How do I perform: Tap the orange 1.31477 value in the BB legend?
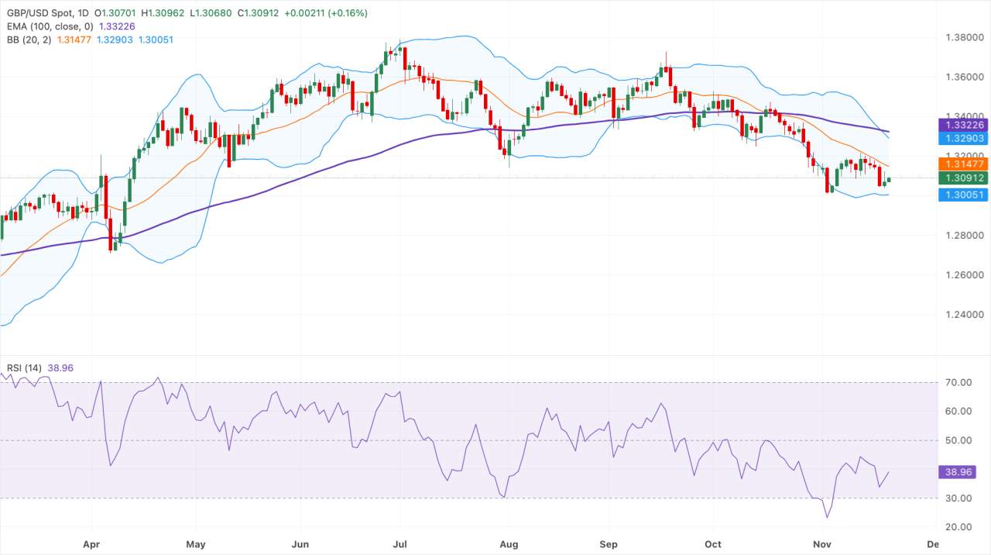pyautogui.click(x=74, y=40)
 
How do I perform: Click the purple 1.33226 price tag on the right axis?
pyautogui.click(x=963, y=125)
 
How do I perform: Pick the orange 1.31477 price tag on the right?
pyautogui.click(x=963, y=164)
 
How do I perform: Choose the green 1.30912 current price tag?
pyautogui.click(x=963, y=178)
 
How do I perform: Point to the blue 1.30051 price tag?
pyautogui.click(x=963, y=195)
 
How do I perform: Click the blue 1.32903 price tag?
pyautogui.click(x=963, y=138)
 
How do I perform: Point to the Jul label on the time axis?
pyautogui.click(x=399, y=544)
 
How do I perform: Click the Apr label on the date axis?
pyautogui.click(x=92, y=544)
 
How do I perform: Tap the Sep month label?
pyautogui.click(x=609, y=544)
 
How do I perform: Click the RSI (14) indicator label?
pyautogui.click(x=24, y=367)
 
